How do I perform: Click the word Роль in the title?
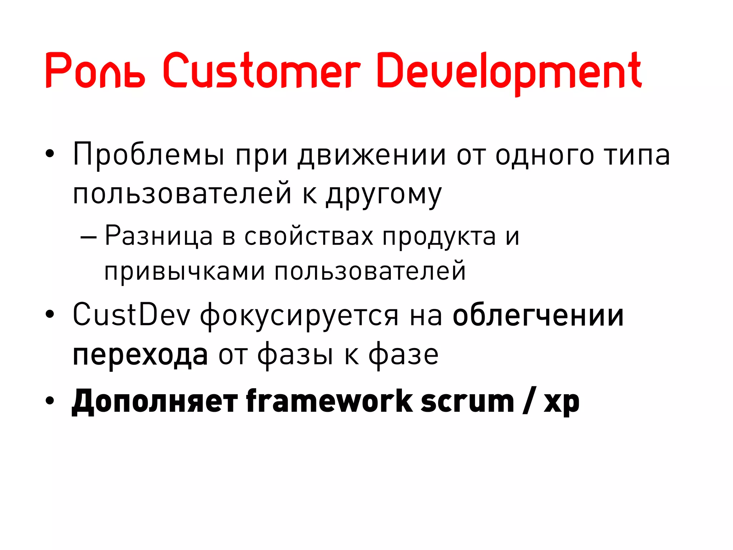[x=95, y=71]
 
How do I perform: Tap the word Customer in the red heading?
[x=261, y=71]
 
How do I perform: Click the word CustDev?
[x=131, y=315]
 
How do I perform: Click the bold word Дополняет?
[x=155, y=402]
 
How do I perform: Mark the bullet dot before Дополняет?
[x=50, y=401]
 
